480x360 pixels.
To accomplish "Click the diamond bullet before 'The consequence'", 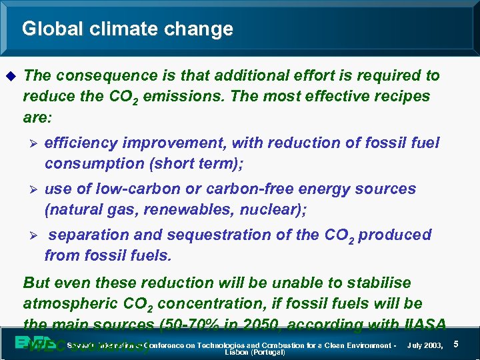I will pyautogui.click(x=9, y=76).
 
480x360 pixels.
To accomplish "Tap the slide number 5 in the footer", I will pyautogui.click(x=456, y=344).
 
